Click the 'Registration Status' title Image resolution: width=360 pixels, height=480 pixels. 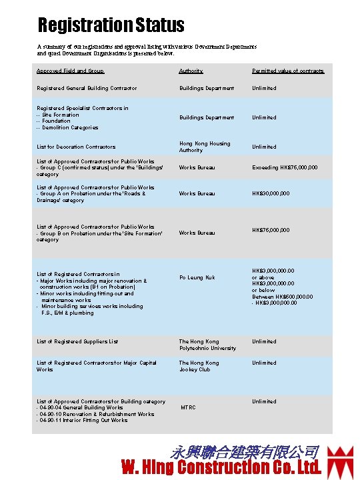pos(111,26)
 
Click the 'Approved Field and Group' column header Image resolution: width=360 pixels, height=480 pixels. pos(70,71)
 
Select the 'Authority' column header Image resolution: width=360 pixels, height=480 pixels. pos(191,71)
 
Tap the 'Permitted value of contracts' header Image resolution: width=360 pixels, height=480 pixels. pos(288,71)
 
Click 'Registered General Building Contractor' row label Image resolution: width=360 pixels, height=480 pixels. pos(87,88)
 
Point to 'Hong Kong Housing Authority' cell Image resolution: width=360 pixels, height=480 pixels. pos(204,147)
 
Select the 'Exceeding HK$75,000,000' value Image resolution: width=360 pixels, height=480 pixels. pos(284,167)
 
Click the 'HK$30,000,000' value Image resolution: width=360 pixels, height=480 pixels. pos(270,193)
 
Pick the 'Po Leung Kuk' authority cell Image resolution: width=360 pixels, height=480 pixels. pos(197,277)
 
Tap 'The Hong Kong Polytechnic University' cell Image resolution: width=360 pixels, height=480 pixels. pos(207,345)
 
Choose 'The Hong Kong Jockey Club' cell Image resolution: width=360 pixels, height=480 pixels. pos(199,366)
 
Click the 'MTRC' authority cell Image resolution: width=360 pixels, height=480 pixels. pos(188,407)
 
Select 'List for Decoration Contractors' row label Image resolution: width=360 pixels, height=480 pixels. pos(76,147)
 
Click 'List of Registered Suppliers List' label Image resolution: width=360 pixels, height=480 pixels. pos(77,341)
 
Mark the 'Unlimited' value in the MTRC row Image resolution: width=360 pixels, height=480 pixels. pos(263,401)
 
